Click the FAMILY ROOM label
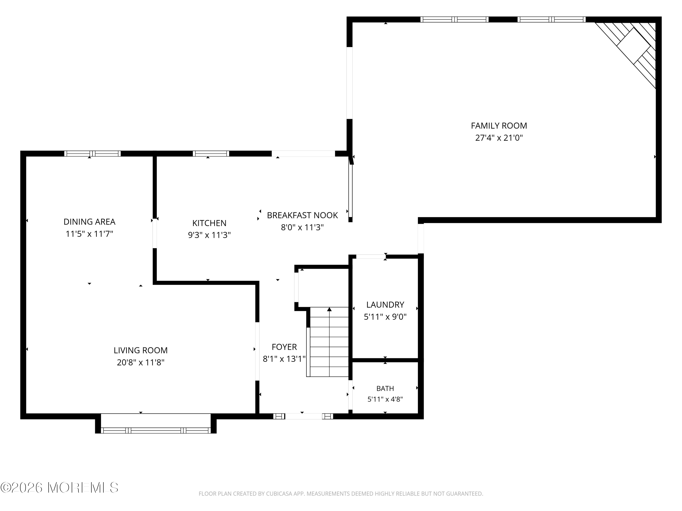[x=499, y=126]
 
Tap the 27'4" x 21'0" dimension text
[x=499, y=138]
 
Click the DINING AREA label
[x=89, y=222]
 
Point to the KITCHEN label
[x=209, y=223]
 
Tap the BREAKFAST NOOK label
[x=302, y=215]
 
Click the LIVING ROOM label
[x=140, y=350]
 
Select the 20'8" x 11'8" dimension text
[x=140, y=362]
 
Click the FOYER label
[x=284, y=347]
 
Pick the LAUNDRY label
[x=385, y=305]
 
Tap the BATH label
[x=385, y=388]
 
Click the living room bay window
[x=156, y=430]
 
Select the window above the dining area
[x=92, y=153]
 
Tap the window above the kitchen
[x=211, y=153]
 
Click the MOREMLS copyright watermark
[x=59, y=488]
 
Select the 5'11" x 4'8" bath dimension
[x=385, y=399]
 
